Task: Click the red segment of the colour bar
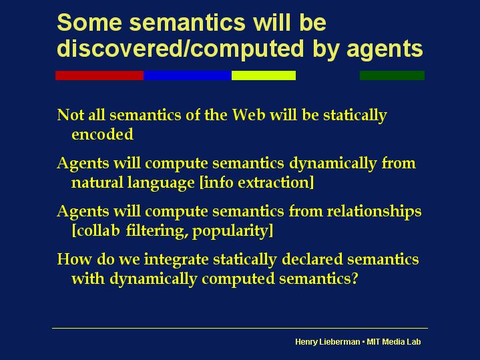99,75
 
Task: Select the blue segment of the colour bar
188,75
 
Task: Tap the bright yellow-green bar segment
264,75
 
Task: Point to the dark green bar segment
392,75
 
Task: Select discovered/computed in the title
181,49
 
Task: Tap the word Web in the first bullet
248,115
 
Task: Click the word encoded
102,134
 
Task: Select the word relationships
374,212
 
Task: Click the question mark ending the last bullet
354,279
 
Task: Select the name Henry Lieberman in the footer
327,342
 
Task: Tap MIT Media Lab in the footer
394,341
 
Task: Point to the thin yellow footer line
240,328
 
